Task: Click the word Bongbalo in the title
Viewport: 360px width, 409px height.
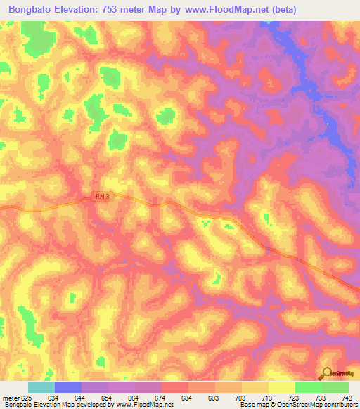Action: pos(30,10)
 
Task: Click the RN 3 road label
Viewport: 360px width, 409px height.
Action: pos(102,198)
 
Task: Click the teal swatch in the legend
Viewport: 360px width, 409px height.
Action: pos(41,387)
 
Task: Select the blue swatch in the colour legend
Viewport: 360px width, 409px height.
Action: pos(68,387)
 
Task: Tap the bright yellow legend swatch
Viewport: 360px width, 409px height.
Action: pos(281,387)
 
